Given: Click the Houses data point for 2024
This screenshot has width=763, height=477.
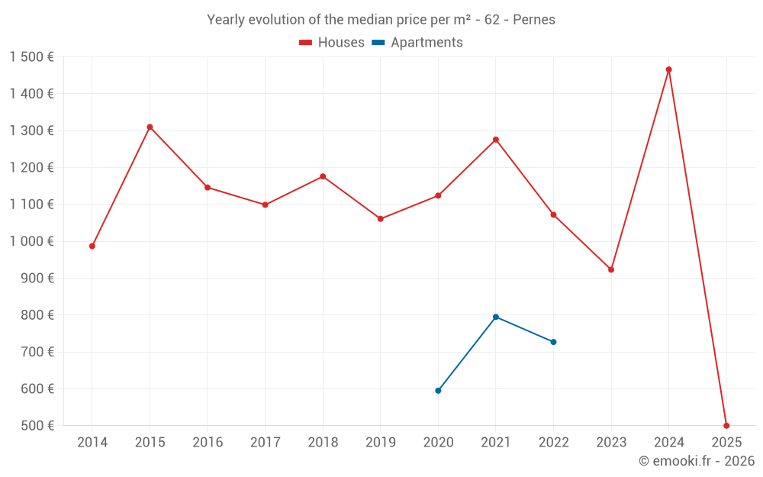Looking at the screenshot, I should (668, 69).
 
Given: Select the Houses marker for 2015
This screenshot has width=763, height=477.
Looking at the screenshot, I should (150, 127).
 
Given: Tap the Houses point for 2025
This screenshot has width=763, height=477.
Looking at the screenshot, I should (726, 425).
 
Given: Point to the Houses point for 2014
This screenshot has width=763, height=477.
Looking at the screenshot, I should (92, 246).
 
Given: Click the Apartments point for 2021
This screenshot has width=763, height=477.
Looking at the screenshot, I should (496, 317).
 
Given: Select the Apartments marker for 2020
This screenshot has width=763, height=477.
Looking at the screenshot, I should (438, 391).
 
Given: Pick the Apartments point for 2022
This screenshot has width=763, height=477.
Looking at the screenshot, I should (553, 342).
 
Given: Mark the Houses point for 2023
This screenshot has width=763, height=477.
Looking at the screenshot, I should (611, 269).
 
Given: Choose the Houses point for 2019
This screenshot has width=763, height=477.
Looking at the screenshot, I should (381, 219).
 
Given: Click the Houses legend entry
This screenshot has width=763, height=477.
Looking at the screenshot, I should (332, 43).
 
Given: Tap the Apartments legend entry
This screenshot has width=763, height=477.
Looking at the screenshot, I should (417, 43).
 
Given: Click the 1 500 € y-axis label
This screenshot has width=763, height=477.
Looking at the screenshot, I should (31, 57).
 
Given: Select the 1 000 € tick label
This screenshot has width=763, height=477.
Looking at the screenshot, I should (31, 241).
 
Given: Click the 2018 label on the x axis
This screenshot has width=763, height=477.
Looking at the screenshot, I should (323, 443).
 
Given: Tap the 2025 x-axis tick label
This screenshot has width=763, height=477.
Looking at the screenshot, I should (726, 443).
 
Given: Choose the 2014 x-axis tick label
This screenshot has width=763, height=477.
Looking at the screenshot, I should (92, 443).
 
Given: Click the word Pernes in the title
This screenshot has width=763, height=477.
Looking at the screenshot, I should (534, 19).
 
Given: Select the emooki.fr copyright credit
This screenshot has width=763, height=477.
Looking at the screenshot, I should (697, 461).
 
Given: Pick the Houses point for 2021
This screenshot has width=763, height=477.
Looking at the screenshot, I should (496, 140).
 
